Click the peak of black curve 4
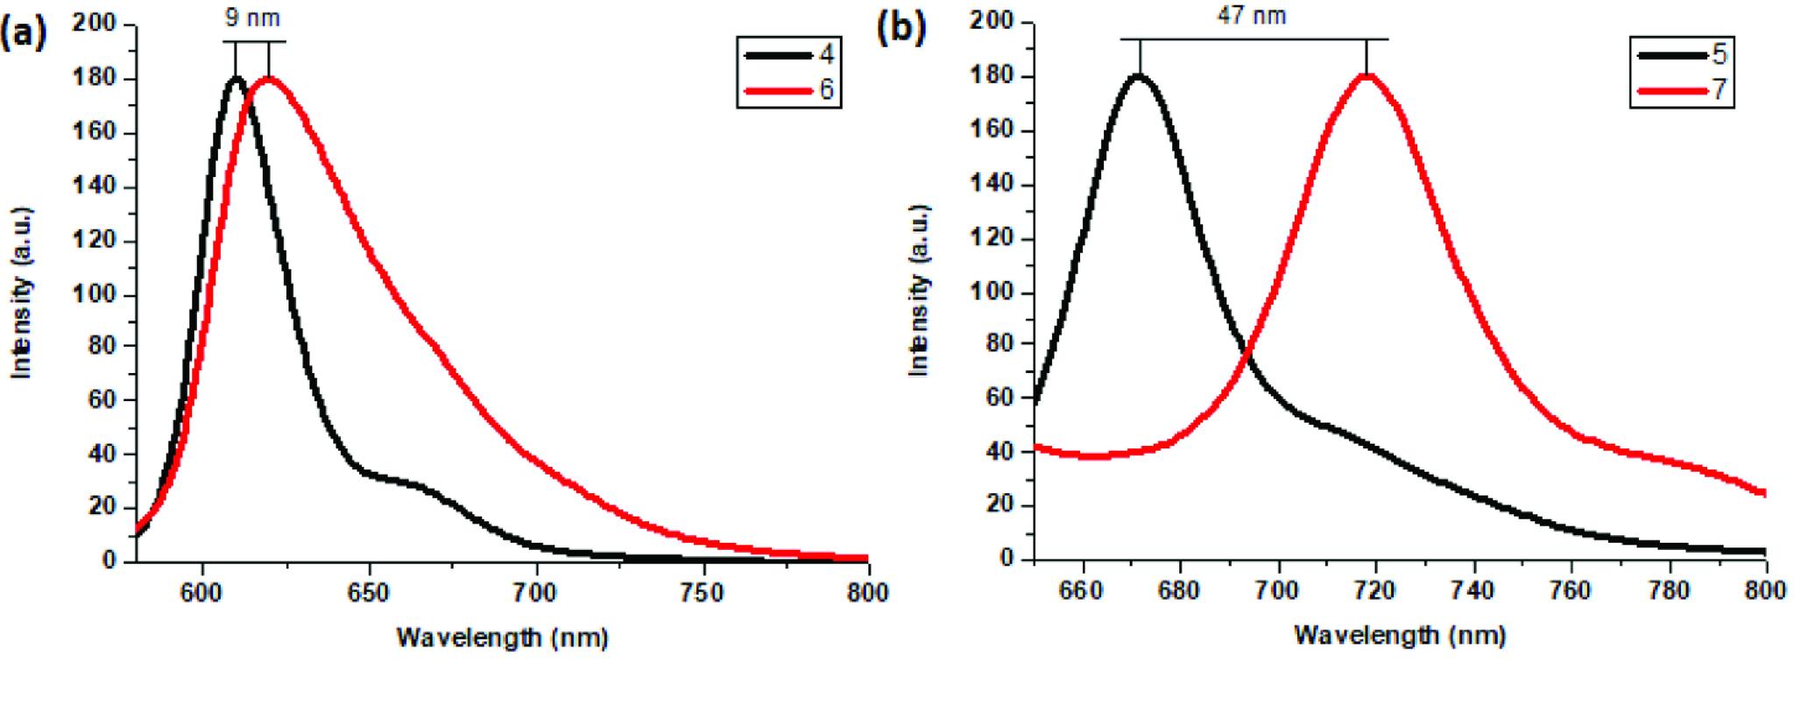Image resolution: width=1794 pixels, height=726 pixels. pyautogui.click(x=236, y=79)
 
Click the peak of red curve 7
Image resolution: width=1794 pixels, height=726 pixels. pyautogui.click(x=1366, y=76)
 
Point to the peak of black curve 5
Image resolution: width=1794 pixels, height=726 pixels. pyautogui.click(x=1139, y=76)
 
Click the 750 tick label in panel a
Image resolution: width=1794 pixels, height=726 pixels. pyautogui.click(x=703, y=593)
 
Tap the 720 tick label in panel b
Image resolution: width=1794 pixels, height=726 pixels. pyautogui.click(x=1375, y=591)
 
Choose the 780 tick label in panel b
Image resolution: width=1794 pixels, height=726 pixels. pyautogui.click(x=1669, y=591)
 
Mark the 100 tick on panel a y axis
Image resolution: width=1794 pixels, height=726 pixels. pyautogui.click(x=96, y=294)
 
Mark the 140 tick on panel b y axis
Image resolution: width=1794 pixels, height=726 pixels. pyautogui.click(x=993, y=185)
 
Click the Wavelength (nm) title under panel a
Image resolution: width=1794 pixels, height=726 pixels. pyautogui.click(x=502, y=638)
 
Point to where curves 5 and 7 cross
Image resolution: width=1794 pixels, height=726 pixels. pyautogui.click(x=1246, y=350)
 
